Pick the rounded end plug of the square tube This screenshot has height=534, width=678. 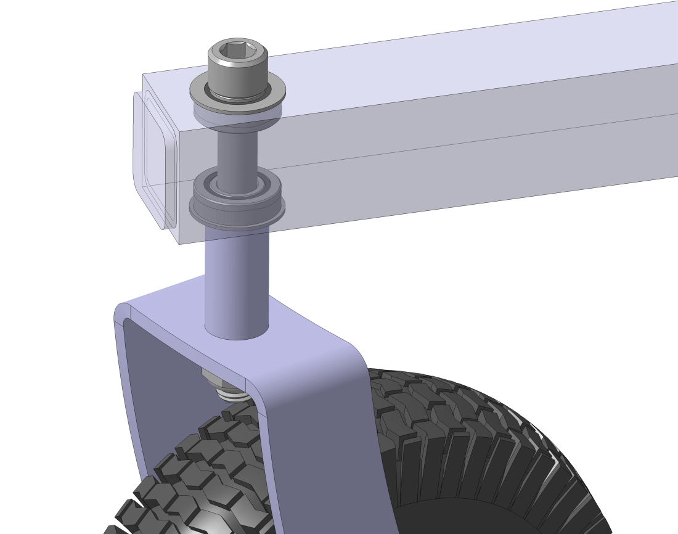pos(154,160)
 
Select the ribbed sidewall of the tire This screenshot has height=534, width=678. pos(493,456)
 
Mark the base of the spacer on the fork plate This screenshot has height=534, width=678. pos(237,333)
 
